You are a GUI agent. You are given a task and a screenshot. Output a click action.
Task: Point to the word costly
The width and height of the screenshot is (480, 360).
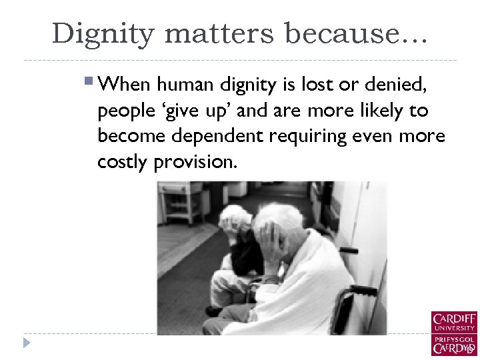pyautogui.click(x=123, y=162)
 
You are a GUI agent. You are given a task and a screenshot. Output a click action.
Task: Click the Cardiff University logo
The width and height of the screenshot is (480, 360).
pyautogui.click(x=453, y=333)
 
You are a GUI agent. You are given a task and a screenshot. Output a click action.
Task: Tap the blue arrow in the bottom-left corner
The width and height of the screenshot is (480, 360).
pyautogui.click(x=27, y=343)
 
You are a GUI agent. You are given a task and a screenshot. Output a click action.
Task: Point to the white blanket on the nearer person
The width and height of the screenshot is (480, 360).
pyautogui.click(x=307, y=287)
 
